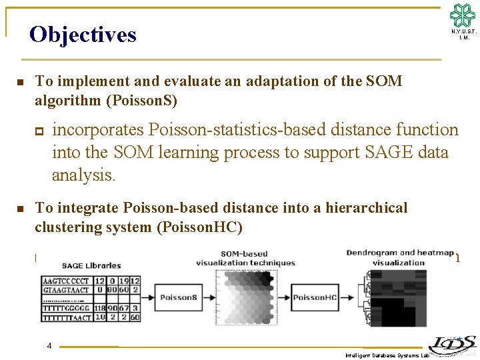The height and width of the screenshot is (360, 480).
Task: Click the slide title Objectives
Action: pyautogui.click(x=83, y=34)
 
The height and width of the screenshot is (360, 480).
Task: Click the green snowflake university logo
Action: pyautogui.click(x=463, y=15)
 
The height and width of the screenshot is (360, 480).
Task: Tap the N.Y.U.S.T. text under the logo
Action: pyautogui.click(x=463, y=32)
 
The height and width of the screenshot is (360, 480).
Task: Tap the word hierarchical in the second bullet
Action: pyautogui.click(x=366, y=208)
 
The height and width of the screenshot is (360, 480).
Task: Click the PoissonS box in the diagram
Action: pyautogui.click(x=177, y=297)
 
